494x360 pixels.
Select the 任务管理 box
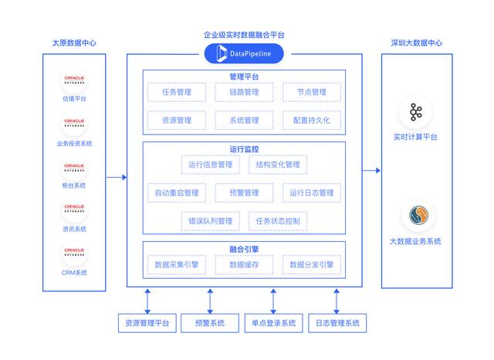[177, 93]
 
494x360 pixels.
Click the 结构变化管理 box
[277, 165]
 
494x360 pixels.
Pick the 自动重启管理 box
[177, 192]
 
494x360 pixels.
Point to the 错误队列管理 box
[211, 221]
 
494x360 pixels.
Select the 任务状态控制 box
[277, 221]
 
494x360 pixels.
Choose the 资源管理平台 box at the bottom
[147, 323]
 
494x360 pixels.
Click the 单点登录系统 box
[273, 323]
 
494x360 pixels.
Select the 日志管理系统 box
[337, 323]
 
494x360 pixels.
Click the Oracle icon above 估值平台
[75, 80]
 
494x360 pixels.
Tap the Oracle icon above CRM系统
[75, 253]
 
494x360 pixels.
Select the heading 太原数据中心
[75, 42]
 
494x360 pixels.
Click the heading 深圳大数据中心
[416, 42]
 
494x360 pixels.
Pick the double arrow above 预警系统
[210, 300]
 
